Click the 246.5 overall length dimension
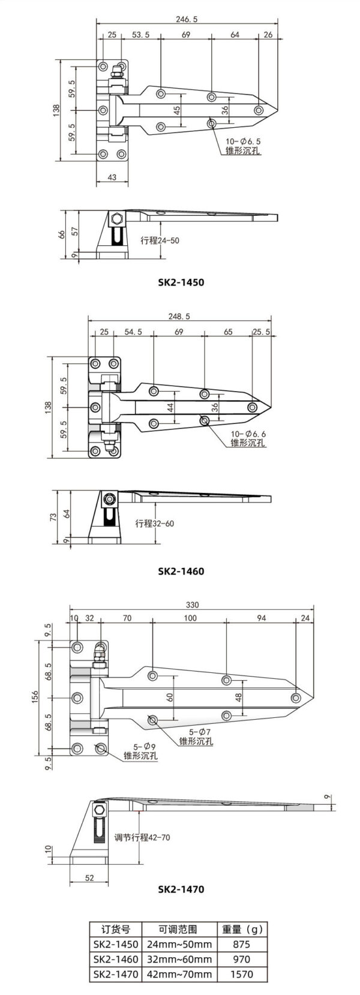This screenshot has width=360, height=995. click(186, 19)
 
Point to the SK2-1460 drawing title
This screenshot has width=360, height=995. click(181, 571)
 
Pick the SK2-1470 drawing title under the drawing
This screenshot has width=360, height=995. click(181, 889)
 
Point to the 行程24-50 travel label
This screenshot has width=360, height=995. click(160, 241)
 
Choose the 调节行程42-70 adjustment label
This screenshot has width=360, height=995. click(142, 837)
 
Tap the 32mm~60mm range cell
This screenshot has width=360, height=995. click(178, 960)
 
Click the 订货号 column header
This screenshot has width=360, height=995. click(116, 929)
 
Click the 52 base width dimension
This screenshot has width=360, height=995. click(89, 878)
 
